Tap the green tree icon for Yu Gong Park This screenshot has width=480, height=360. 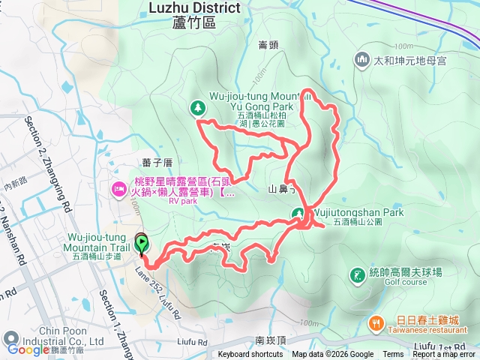pyautogui.click(x=198, y=108)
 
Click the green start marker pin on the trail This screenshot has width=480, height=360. pyautogui.click(x=142, y=244)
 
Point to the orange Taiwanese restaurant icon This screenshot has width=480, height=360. pyautogui.click(x=376, y=323)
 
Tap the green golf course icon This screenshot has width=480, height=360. pyautogui.click(x=355, y=275)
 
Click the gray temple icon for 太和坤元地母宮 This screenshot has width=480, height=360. pyautogui.click(x=362, y=58)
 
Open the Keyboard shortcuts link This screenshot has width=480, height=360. pyautogui.click(x=250, y=355)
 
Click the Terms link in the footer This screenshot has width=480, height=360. pyautogui.click(x=393, y=355)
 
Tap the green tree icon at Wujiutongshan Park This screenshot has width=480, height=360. pyautogui.click(x=298, y=213)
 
